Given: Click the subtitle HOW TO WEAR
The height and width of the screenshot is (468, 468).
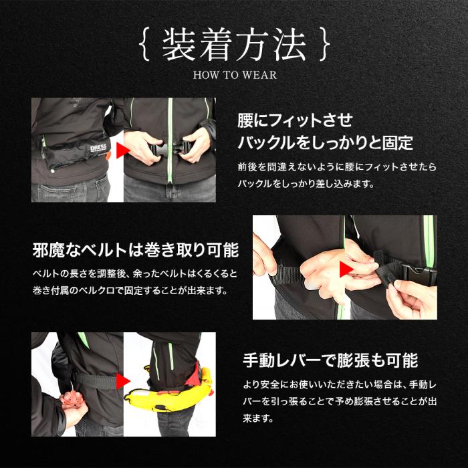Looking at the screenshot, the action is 235,75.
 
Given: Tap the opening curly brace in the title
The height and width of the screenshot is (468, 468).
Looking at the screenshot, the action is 144,44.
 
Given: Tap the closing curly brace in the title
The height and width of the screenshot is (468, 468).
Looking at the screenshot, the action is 325,44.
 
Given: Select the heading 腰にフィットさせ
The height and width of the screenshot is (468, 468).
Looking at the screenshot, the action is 295,120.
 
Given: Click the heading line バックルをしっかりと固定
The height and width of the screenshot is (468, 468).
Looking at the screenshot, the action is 325,142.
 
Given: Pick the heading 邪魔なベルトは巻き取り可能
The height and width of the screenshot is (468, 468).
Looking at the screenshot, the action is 136,250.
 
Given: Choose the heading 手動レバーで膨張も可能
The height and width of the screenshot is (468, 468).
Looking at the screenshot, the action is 330,360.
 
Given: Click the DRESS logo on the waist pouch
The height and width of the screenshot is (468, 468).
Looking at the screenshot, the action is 98,148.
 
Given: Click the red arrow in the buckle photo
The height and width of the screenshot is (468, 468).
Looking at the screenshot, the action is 122,150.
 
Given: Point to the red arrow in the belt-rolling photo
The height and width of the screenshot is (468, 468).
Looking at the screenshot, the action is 346,269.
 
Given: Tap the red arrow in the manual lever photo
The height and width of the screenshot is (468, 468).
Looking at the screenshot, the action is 122,382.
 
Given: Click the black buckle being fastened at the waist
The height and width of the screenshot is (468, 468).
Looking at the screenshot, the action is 170,148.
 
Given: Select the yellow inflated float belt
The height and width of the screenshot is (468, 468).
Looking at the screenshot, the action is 169,391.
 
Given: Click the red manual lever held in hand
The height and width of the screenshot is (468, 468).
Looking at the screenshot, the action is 72,398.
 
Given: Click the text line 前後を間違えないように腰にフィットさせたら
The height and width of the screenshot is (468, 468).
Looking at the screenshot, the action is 337,167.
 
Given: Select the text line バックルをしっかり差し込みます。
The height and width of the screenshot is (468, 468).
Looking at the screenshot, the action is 306,184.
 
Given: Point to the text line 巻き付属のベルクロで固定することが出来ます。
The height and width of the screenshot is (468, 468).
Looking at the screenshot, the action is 130,290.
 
